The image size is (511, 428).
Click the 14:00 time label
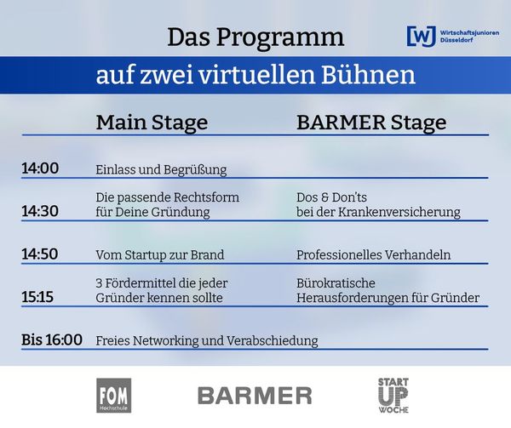pyautogui.click(x=40, y=168)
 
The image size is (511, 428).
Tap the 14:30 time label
pyautogui.click(x=40, y=211)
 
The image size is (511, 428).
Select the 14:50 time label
pyautogui.click(x=40, y=254)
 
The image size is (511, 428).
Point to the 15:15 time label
pyautogui.click(x=37, y=297)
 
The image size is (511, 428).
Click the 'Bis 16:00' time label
pyautogui.click(x=52, y=340)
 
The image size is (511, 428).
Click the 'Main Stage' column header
pyautogui.click(x=152, y=123)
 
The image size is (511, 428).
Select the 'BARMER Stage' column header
pyautogui.click(x=371, y=123)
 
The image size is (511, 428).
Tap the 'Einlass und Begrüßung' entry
pyautogui.click(x=161, y=170)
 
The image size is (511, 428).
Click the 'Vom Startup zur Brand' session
pyautogui.click(x=160, y=255)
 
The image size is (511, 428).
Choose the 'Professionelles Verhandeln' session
pyautogui.click(x=374, y=255)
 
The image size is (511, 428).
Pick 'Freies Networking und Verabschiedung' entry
pyautogui.click(x=207, y=340)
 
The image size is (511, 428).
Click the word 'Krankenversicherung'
pyautogui.click(x=399, y=212)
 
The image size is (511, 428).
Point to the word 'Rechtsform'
pyautogui.click(x=206, y=197)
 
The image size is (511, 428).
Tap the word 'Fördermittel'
pyautogui.click(x=141, y=283)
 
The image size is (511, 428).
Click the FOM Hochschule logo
pyautogui.click(x=114, y=396)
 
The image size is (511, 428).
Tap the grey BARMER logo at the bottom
pyautogui.click(x=255, y=396)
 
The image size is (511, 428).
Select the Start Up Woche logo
pyautogui.click(x=393, y=396)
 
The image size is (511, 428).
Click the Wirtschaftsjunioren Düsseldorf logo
pyautogui.click(x=453, y=37)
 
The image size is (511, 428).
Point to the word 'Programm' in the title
pyautogui.click(x=280, y=38)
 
